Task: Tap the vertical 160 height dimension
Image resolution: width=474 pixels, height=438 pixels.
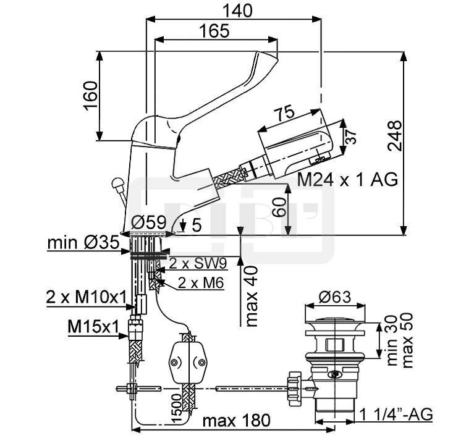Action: [x=91, y=95]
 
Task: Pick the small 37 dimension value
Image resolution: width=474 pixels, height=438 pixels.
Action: [x=350, y=137]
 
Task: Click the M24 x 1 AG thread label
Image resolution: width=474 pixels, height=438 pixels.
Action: [x=347, y=180]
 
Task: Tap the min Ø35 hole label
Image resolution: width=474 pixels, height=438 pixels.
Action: [x=83, y=243]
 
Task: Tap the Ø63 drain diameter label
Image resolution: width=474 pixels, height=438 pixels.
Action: [x=334, y=297]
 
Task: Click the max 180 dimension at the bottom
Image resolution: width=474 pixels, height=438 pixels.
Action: [x=236, y=421]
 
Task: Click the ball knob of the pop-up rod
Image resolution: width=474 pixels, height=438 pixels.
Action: [x=117, y=183]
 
